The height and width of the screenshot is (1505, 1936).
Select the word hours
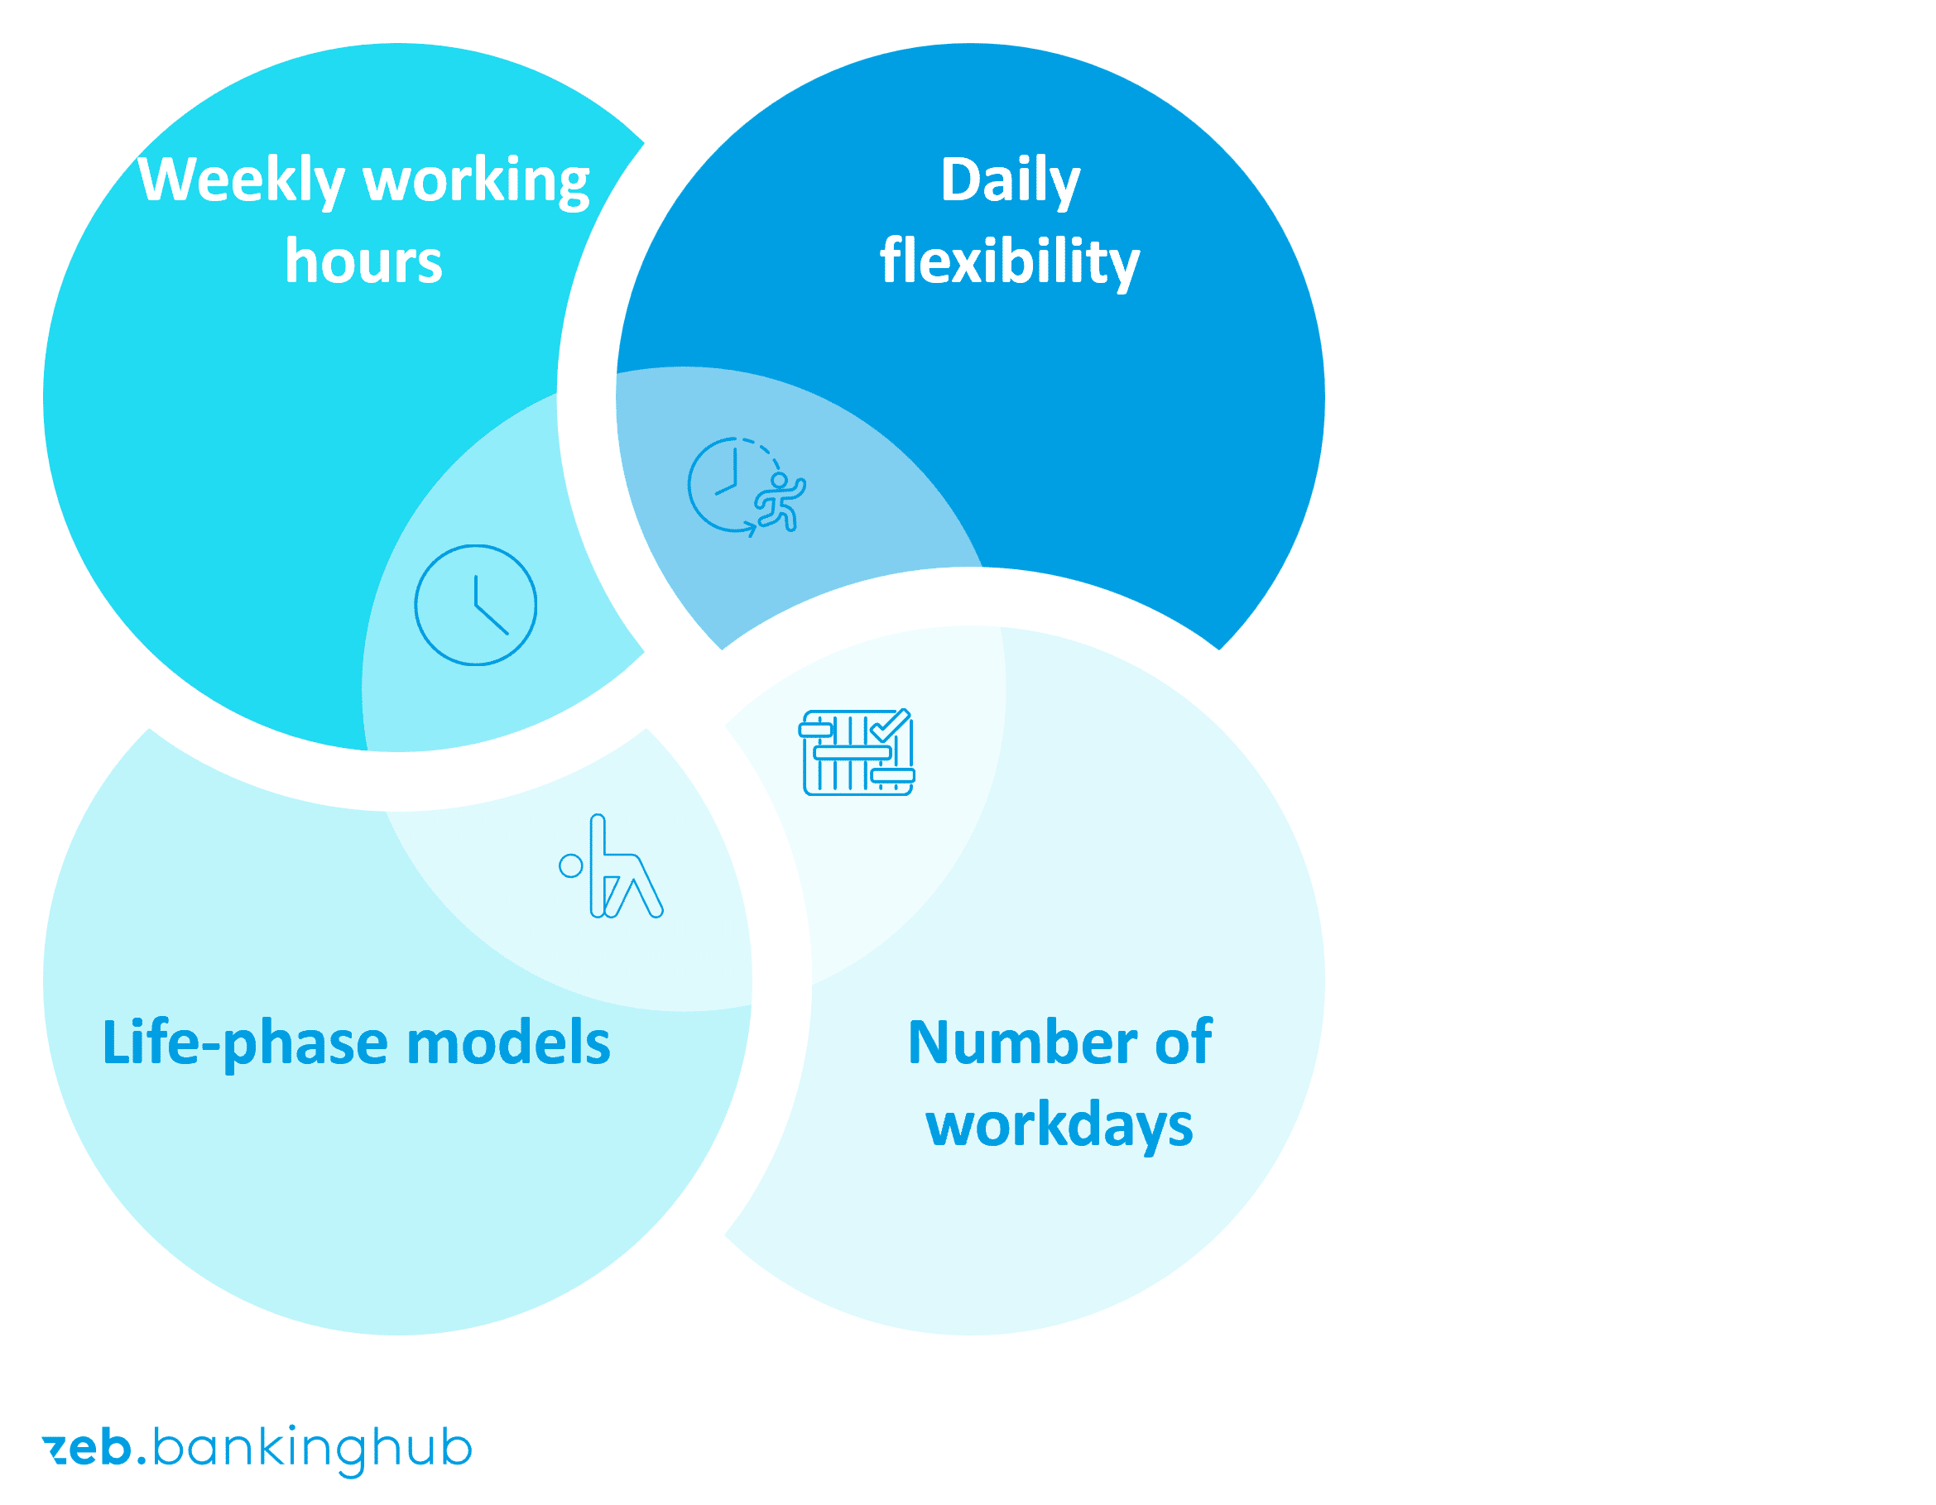tap(363, 261)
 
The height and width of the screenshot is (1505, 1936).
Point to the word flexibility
tap(1010, 262)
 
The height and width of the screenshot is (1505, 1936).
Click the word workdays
tap(1059, 1127)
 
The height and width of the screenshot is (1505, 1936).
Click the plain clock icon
tap(476, 606)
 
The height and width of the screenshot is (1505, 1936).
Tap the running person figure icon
tap(780, 502)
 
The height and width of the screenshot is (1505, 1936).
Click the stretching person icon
tap(612, 866)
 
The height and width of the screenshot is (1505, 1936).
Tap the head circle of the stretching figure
tap(571, 866)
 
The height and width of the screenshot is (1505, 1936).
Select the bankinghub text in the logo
tap(312, 1450)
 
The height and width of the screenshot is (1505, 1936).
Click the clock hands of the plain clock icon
tap(489, 606)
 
